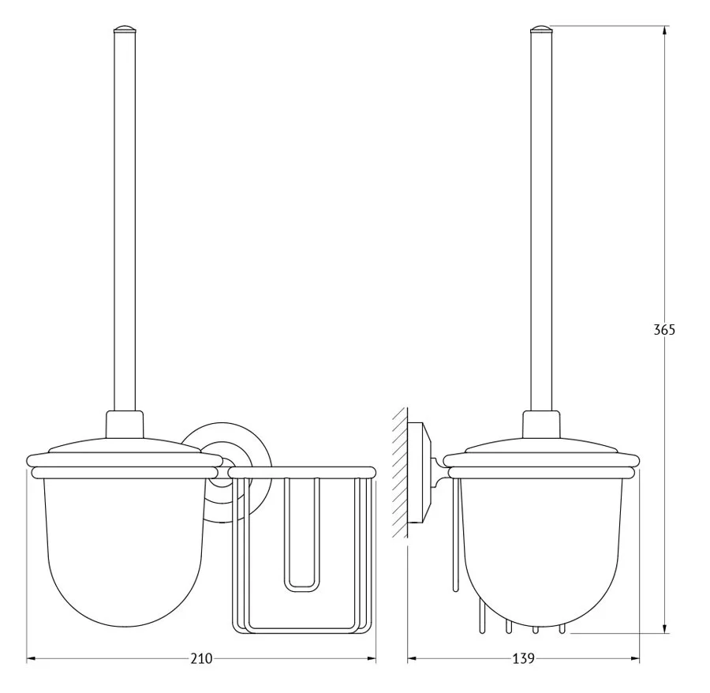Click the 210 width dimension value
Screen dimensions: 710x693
(201, 658)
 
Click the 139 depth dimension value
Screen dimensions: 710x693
(524, 658)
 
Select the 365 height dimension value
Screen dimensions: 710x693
(664, 330)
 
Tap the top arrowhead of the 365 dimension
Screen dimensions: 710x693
(664, 30)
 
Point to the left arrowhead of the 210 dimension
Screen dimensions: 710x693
(32, 658)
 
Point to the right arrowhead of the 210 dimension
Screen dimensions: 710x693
(371, 658)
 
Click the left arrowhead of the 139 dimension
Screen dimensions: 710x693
(413, 658)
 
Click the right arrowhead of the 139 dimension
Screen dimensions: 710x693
(634, 658)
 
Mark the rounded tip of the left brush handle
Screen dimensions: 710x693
(124, 29)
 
